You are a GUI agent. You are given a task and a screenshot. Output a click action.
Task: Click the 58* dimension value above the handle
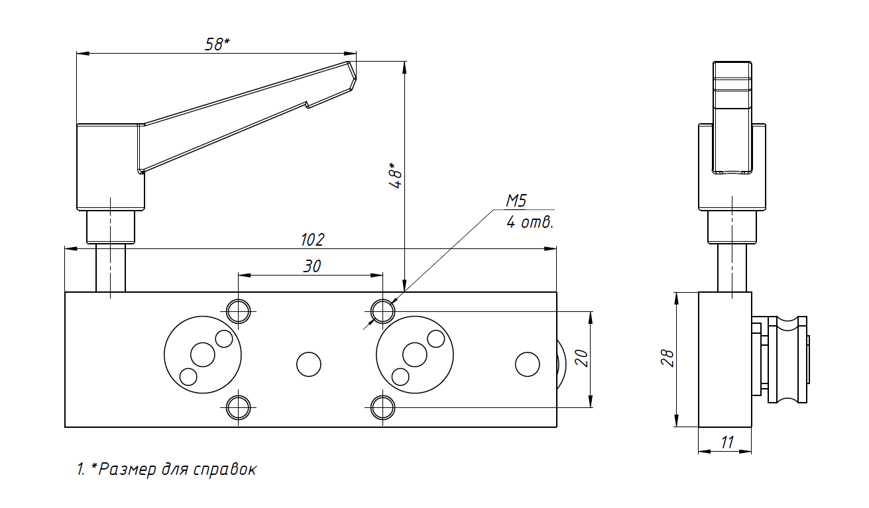pyautogui.click(x=217, y=44)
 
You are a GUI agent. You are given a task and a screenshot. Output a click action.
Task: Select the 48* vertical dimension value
pyautogui.click(x=396, y=176)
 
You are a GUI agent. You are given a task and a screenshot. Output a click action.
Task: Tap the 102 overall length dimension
pyautogui.click(x=313, y=240)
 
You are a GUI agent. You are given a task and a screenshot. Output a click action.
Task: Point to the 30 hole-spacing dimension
pyautogui.click(x=312, y=266)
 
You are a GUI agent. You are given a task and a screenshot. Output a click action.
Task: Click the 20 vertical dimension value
pyautogui.click(x=582, y=358)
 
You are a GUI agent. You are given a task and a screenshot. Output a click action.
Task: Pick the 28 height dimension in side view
pyautogui.click(x=667, y=358)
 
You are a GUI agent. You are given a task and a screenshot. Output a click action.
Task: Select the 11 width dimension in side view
pyautogui.click(x=727, y=442)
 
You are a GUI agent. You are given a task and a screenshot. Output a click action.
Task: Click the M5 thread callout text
pyautogui.click(x=516, y=201)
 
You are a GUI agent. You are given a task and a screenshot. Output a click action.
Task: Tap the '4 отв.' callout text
pyautogui.click(x=530, y=223)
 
